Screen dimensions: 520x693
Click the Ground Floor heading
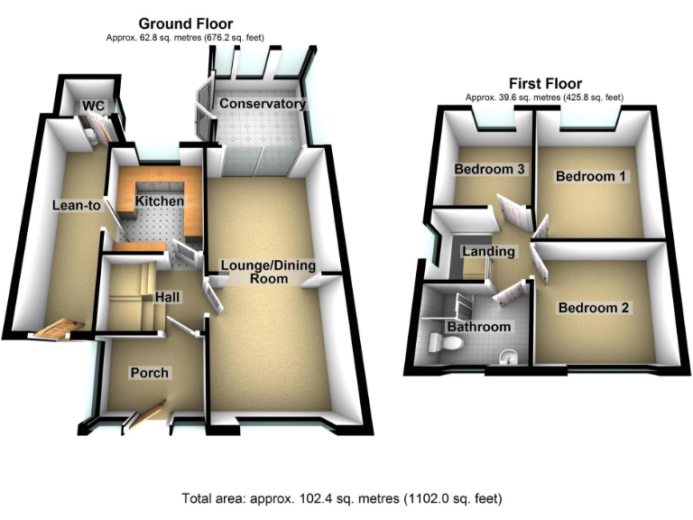coord(185,23)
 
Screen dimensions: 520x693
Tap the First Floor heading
coord(544,84)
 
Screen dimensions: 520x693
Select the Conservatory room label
coord(263,104)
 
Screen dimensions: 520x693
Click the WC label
coord(94,107)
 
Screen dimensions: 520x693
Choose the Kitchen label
coord(160,200)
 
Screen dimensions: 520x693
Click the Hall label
coord(167,296)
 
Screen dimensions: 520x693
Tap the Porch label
coord(149,372)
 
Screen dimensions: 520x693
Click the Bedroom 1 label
coord(591,176)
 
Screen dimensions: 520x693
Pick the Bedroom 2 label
coord(593,308)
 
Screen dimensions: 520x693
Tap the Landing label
coord(487,251)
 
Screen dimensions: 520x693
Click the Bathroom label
coord(479,326)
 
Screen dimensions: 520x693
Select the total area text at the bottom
coord(341,497)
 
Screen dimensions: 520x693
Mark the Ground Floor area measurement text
coord(186,38)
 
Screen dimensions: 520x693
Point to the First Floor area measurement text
coord(544,97)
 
